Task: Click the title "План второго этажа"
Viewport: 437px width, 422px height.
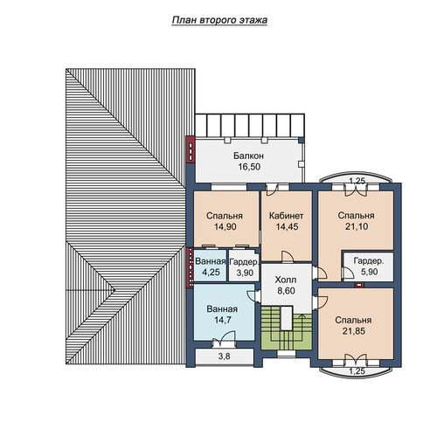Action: (219, 20)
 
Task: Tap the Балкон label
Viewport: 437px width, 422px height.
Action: (248, 156)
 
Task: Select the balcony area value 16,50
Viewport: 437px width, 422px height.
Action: (249, 167)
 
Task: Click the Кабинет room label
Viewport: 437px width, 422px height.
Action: (286, 216)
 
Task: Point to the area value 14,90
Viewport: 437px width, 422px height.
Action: (225, 226)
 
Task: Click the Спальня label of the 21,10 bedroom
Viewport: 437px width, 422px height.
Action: (356, 216)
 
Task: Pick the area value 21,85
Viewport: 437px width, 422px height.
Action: (354, 331)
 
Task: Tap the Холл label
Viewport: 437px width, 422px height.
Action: (286, 280)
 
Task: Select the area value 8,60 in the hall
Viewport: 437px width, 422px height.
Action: (286, 291)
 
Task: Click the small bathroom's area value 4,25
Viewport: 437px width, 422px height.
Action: (211, 272)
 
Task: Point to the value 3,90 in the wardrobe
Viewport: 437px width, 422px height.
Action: (245, 273)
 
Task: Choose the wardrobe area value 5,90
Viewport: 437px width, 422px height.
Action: (369, 272)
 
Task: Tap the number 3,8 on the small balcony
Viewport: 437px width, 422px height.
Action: (224, 356)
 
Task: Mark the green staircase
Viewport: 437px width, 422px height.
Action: (287, 329)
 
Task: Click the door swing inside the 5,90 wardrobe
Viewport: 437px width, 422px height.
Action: (348, 273)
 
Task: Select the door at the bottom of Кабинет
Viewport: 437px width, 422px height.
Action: (288, 257)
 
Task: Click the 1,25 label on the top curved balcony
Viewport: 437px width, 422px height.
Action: (357, 181)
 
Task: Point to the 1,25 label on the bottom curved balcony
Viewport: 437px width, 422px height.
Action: (357, 371)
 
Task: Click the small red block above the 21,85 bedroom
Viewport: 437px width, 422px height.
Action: (360, 285)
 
